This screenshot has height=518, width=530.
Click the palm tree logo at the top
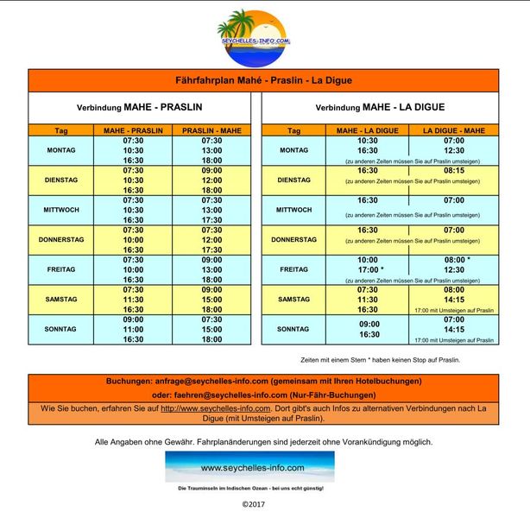click(x=254, y=35)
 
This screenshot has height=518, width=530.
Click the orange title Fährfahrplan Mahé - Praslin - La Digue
click(x=264, y=80)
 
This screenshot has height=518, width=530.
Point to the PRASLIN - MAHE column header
click(x=211, y=130)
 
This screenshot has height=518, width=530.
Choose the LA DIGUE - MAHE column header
click(x=454, y=130)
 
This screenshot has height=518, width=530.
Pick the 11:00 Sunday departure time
click(x=134, y=330)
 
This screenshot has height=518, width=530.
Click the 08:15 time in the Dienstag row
click(x=454, y=171)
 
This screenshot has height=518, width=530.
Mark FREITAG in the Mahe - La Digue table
click(x=293, y=269)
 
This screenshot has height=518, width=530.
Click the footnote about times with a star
click(x=375, y=359)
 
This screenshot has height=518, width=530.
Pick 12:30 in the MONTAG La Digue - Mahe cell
click(x=454, y=150)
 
